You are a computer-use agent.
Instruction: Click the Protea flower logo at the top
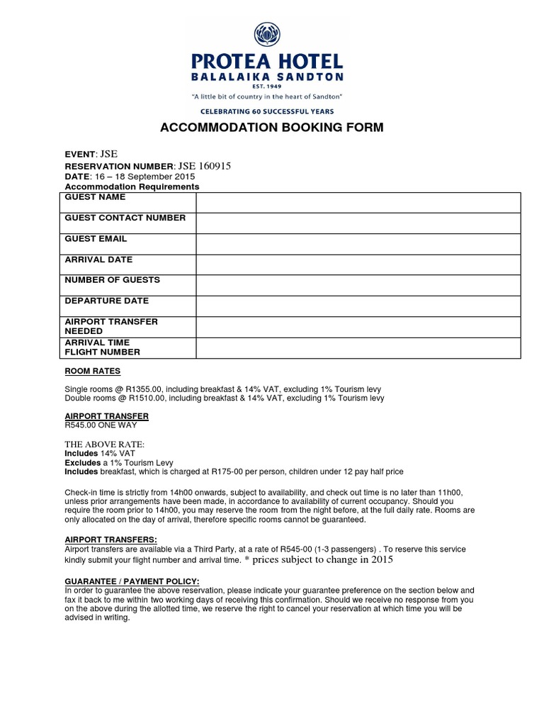266,34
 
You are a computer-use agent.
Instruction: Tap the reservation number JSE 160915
201,166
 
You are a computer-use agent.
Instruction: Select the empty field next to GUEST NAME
358,202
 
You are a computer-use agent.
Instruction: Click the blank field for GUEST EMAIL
358,244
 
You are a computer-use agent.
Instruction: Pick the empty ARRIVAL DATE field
358,264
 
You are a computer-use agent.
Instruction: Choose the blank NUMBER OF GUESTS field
358,285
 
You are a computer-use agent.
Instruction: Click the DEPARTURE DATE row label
107,301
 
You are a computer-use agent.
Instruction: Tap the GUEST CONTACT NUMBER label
125,218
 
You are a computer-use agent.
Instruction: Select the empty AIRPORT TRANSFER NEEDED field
358,327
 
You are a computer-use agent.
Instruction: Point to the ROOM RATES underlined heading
93,371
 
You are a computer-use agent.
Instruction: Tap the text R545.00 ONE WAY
101,425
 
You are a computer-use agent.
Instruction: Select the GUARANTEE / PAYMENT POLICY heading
132,581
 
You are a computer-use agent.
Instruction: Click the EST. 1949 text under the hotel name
266,86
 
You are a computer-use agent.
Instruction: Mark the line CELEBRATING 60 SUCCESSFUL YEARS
267,111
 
